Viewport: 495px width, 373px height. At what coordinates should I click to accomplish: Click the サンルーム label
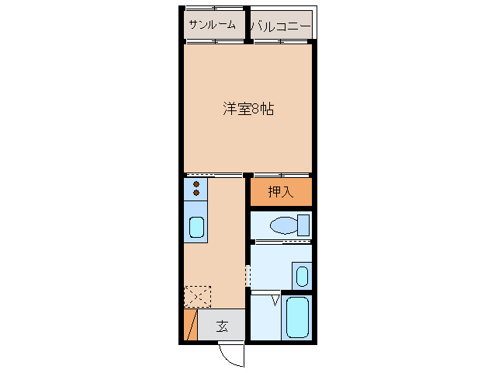[211, 25]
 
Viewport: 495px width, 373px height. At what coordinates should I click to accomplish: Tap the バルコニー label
[280, 26]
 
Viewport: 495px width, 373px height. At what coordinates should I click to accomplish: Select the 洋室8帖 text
[248, 109]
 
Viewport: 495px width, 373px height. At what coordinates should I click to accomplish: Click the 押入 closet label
[280, 192]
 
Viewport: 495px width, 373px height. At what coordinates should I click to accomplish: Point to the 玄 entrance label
[222, 326]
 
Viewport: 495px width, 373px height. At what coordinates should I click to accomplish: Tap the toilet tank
[303, 225]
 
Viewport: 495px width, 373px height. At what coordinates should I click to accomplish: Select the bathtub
[297, 316]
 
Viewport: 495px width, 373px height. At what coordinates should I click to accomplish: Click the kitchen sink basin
[196, 228]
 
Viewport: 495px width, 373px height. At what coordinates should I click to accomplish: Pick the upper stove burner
[196, 183]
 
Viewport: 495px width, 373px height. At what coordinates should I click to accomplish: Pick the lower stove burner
[196, 192]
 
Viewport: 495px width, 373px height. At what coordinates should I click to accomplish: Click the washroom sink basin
[302, 276]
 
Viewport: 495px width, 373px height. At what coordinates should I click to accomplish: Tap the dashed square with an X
[197, 296]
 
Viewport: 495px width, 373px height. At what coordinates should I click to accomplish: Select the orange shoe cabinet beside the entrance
[190, 324]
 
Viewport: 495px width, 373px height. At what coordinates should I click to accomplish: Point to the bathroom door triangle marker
[275, 299]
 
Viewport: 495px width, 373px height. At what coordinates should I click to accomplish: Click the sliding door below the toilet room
[281, 242]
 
